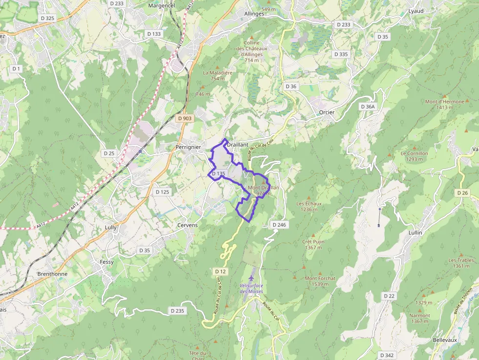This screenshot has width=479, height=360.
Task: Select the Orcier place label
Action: coord(327,112)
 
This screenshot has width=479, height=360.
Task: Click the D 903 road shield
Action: coord(185,118)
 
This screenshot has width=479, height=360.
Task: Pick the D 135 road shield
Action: coord(218,173)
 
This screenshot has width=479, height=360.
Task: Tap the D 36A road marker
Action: coord(368,106)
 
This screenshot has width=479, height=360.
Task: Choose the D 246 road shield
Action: coord(278,225)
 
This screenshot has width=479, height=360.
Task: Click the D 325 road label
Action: coord(48,18)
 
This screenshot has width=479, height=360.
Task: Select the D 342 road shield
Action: coord(387,355)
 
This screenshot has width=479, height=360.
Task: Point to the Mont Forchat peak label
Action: coord(320,278)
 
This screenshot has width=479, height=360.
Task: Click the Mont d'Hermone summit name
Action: coord(444,102)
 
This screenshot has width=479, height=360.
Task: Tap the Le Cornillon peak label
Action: coord(414,153)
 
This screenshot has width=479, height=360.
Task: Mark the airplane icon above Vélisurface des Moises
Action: coord(251,278)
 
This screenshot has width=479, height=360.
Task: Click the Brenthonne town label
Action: coord(52,274)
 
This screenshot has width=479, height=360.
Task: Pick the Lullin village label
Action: coord(414,233)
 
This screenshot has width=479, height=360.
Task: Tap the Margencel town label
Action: coord(161,6)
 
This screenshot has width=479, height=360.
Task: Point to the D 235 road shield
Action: coord(178,311)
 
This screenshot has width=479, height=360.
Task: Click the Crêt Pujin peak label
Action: coord(313,242)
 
